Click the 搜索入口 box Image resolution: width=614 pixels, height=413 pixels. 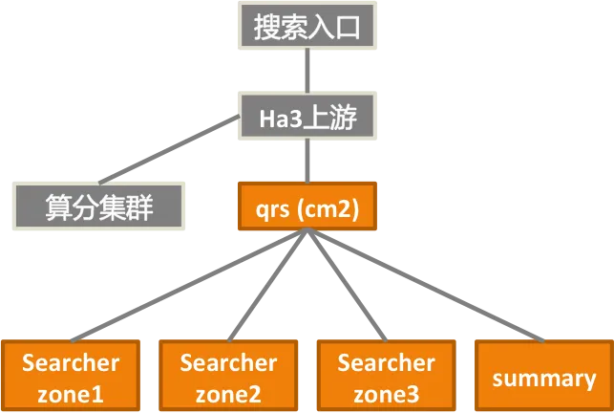(307, 27)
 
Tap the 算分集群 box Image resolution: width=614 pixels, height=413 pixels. (98, 206)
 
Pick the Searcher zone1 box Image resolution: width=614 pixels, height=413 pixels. (71, 377)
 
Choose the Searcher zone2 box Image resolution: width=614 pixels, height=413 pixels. (228, 377)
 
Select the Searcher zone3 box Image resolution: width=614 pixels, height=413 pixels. (386, 377)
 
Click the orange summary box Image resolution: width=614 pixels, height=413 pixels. (543, 377)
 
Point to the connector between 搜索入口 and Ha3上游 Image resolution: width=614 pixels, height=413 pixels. (307, 71)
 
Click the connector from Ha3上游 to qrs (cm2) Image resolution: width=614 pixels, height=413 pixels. (307, 159)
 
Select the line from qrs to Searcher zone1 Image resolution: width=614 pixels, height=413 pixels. (191, 289)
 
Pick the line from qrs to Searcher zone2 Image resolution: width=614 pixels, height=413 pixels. (268, 289)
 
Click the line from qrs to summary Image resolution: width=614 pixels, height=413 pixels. (425, 289)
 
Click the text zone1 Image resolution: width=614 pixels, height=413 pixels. (71, 393)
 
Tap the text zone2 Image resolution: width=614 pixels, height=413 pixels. (228, 393)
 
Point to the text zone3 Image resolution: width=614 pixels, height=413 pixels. (386, 393)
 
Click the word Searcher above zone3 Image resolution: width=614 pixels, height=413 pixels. (386, 363)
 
